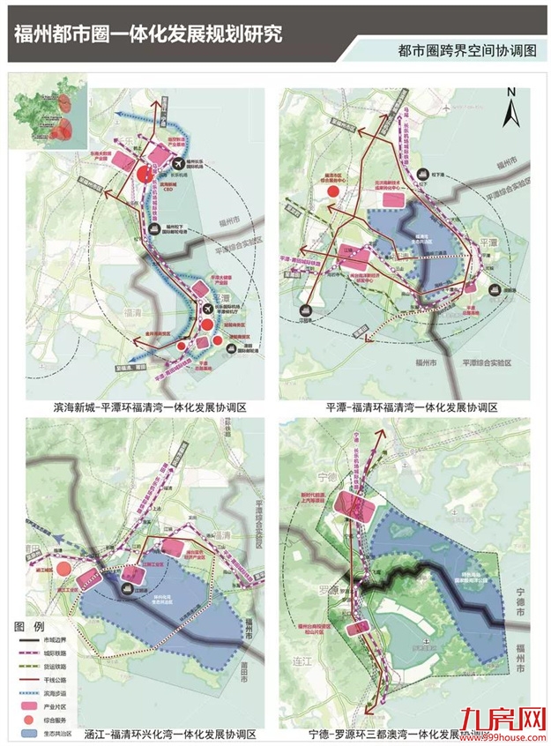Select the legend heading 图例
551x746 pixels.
[30, 624]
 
